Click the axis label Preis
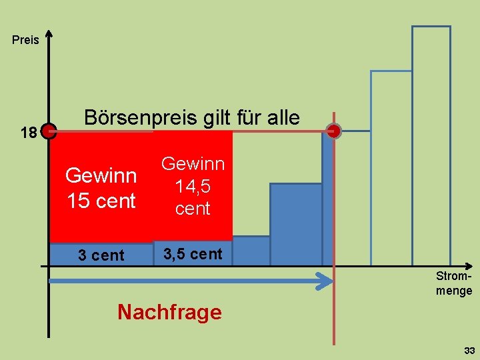pos(26,41)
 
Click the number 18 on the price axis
pos(29,133)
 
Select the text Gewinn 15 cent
pos(101,188)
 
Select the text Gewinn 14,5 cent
pos(193,186)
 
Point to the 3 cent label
pos(101,255)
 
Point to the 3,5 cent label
pos(193,254)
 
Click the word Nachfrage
pos(169,312)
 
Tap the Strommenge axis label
pos(454,283)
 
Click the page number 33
pos(469,351)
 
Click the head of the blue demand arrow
pos(326,281)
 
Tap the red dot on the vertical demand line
pos(334,131)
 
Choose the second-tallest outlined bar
pos(391,167)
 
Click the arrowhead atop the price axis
pos(49,34)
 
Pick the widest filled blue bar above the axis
pos(295,224)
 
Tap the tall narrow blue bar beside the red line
pos(327,200)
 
